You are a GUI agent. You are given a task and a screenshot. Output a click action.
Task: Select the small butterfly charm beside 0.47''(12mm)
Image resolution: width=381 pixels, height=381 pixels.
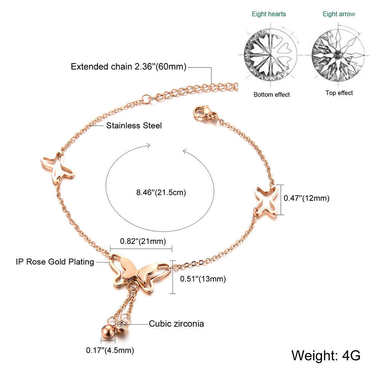point(267,200)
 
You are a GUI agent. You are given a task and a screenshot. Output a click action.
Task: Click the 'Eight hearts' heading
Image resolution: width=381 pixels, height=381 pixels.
point(269,14)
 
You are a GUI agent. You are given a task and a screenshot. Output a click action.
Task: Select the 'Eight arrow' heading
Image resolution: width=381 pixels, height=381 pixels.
point(339,14)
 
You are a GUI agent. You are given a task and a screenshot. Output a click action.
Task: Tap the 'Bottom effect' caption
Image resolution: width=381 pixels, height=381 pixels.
point(272,94)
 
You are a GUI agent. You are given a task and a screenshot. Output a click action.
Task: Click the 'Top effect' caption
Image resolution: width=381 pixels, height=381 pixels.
point(339,93)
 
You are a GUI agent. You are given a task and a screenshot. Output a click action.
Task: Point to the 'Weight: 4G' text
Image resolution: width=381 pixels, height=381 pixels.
point(326,355)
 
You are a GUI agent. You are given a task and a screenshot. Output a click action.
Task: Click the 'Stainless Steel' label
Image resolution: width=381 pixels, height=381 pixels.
point(134,125)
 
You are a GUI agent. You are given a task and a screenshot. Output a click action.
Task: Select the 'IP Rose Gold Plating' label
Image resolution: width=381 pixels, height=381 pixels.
point(55,262)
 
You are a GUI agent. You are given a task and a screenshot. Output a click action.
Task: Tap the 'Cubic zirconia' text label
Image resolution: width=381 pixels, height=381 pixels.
point(176,324)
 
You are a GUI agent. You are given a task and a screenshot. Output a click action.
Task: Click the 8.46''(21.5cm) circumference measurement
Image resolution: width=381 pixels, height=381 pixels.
point(161,192)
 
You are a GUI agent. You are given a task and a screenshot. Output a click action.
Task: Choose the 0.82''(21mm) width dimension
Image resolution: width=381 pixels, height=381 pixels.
point(138,241)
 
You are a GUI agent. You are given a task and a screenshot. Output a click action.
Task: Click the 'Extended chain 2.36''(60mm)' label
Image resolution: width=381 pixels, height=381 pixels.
point(128,67)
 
